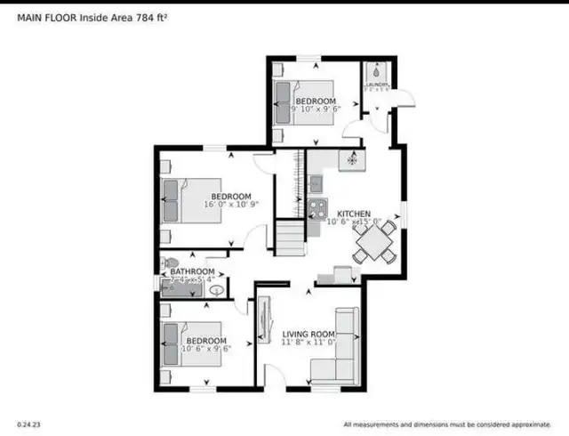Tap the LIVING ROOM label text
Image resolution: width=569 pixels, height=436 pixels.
[308, 334]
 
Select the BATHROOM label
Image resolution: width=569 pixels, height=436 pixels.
[192, 271]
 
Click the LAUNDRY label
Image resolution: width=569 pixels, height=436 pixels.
[376, 85]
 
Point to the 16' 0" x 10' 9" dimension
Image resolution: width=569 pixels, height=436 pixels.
[228, 205]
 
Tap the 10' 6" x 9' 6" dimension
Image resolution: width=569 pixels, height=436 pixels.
[205, 350]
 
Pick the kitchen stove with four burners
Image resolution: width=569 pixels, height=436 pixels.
[317, 211]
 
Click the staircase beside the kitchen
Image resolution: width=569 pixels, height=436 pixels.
[288, 236]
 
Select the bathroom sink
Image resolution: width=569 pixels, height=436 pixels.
[218, 289]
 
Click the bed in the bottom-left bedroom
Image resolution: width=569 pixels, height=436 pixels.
[180, 343]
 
